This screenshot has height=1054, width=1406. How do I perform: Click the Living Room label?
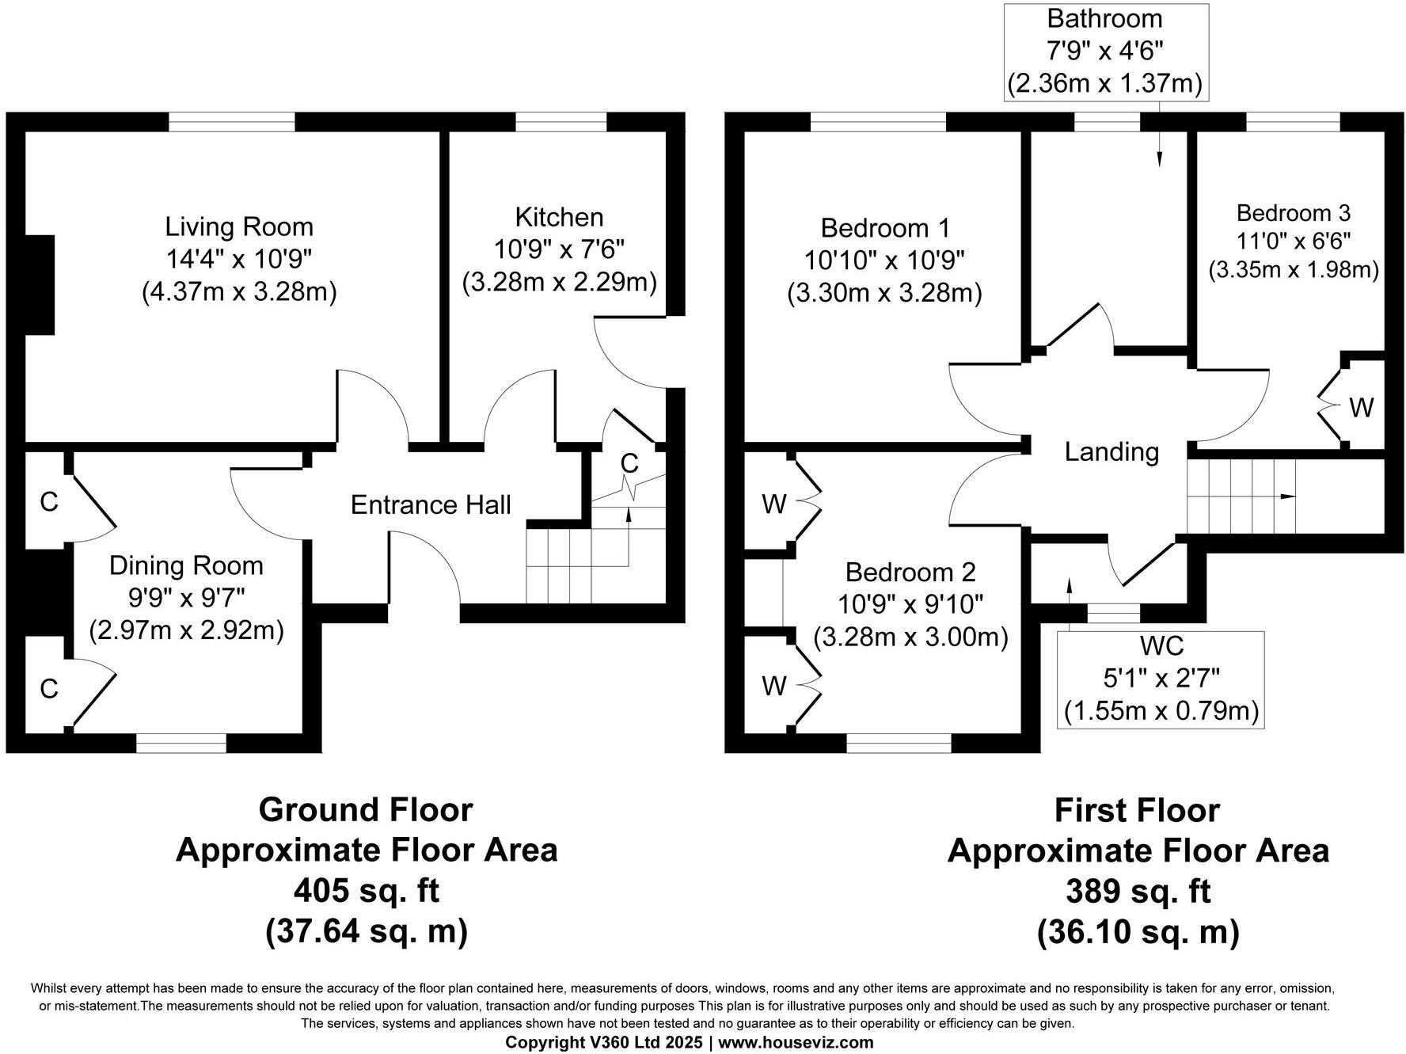tap(239, 227)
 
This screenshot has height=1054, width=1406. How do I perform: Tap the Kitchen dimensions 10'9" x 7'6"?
tap(559, 250)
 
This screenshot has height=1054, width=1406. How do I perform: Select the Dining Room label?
tap(186, 565)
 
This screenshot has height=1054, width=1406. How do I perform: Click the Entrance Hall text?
tap(431, 505)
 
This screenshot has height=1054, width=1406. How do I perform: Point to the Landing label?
tap(1111, 452)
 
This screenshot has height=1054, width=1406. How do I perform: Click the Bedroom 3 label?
tap(1293, 213)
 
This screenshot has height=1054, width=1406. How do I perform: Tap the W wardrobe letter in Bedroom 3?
tap(1361, 408)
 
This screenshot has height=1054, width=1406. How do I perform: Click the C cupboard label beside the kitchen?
tap(629, 464)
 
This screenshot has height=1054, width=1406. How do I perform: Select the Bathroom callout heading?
tap(1104, 18)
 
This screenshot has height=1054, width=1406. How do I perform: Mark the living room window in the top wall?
tap(232, 121)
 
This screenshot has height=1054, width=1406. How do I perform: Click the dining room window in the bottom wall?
tap(181, 743)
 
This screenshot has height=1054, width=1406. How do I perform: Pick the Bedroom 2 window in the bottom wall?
tap(899, 743)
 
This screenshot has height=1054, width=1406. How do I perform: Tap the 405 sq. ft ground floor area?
tap(366, 891)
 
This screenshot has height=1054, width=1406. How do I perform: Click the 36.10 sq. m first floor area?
tap(1138, 932)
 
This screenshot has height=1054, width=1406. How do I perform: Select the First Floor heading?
tap(1138, 811)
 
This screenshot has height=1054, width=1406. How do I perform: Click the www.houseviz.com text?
tap(796, 1042)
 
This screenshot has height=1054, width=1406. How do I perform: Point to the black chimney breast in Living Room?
tap(40, 285)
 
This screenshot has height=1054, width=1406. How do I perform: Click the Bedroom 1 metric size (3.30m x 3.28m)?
tap(884, 294)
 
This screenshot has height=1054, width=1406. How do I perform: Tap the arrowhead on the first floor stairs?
tap(1288, 497)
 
